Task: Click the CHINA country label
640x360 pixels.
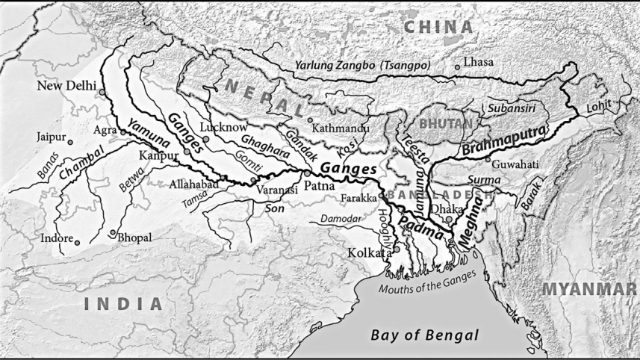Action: point(438,28)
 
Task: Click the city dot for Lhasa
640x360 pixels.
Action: point(457,67)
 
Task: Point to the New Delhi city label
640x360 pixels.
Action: point(66,86)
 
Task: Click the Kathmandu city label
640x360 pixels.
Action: point(341,128)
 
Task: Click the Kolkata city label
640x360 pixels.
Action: point(370,253)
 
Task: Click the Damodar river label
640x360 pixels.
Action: point(341,219)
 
